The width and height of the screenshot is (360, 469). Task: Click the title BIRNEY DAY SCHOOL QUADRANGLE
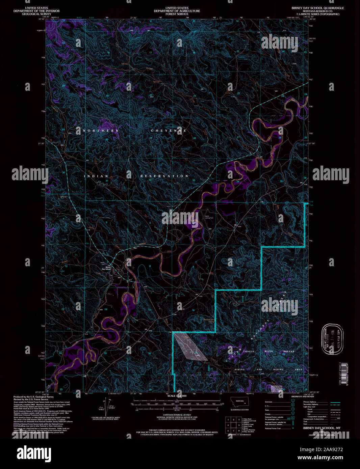click(x=318, y=8)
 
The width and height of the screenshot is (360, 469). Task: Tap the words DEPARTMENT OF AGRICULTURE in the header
click(x=177, y=11)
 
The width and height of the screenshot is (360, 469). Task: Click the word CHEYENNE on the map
click(x=168, y=131)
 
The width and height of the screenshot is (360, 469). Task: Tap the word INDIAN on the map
click(x=96, y=176)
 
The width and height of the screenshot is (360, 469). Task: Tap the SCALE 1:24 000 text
click(x=177, y=395)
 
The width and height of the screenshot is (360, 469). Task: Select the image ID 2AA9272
click(x=328, y=449)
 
